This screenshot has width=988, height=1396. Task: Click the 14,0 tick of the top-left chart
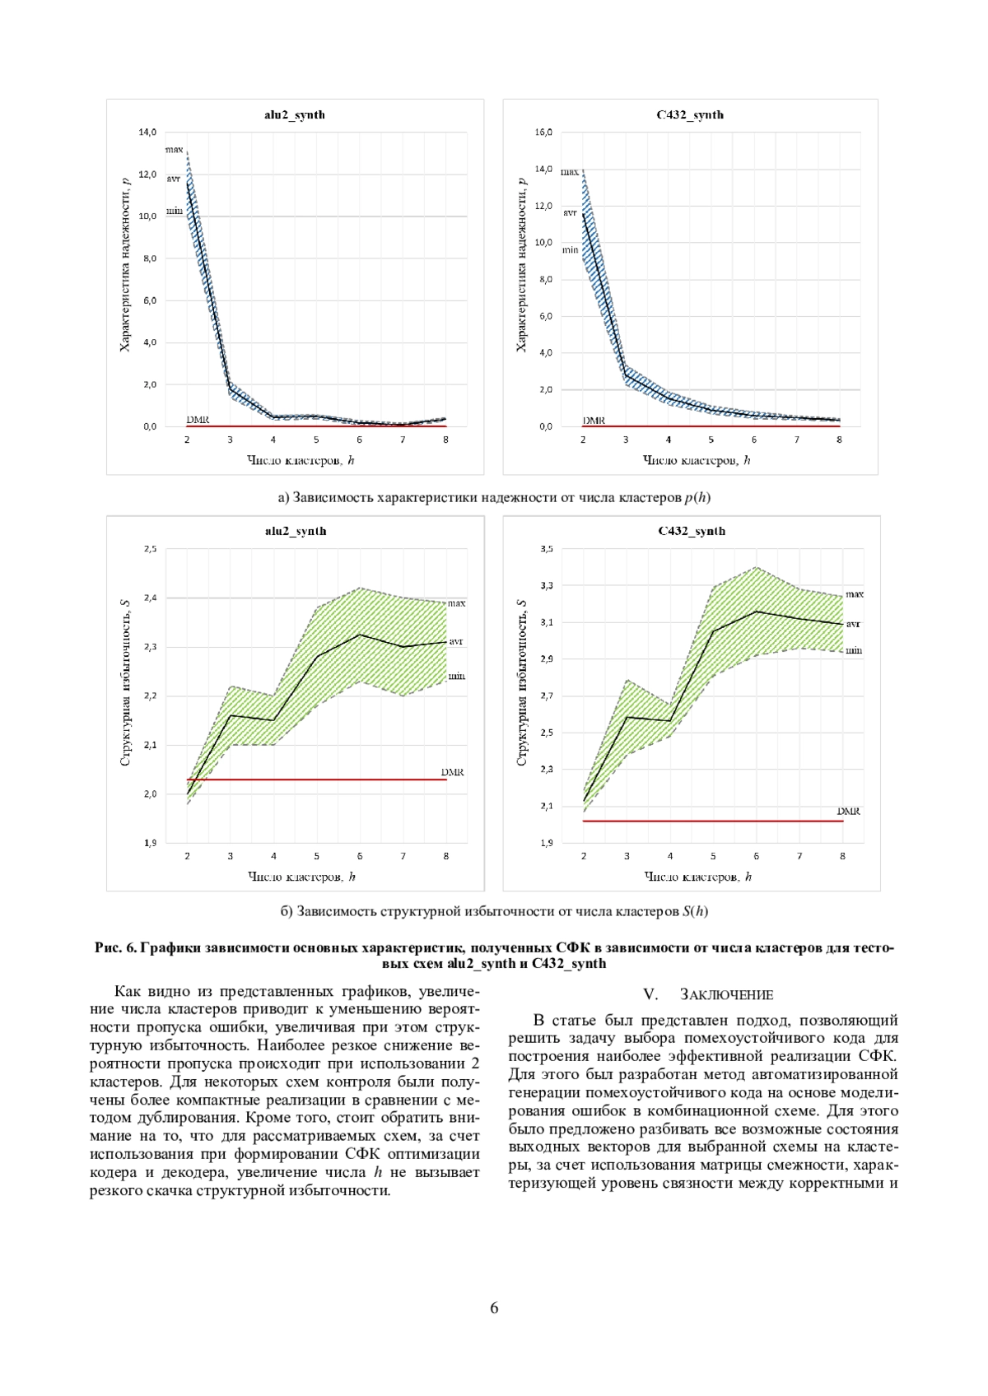pos(147,132)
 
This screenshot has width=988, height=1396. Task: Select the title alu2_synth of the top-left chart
pos(294,114)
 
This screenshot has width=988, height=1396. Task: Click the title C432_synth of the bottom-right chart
pos(692,531)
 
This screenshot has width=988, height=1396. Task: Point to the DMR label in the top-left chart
pos(198,420)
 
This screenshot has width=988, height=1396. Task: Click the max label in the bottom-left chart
pos(457,603)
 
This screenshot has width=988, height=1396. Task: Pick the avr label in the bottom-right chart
pos(853,623)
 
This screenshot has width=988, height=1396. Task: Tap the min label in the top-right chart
pos(571,250)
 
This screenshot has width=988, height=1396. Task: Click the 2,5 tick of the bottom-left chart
pos(150,548)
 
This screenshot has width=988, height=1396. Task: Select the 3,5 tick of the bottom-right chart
pos(547,548)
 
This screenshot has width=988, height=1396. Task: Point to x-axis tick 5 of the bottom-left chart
pos(317,856)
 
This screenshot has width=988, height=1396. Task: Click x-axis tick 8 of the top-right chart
pos(839,440)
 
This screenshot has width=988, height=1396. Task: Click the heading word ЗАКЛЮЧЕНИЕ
pos(727,995)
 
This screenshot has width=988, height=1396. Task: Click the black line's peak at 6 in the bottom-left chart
pos(360,635)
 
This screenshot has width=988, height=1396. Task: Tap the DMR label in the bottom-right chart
pos(848,811)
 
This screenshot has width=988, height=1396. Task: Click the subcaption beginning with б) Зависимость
pos(494,911)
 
